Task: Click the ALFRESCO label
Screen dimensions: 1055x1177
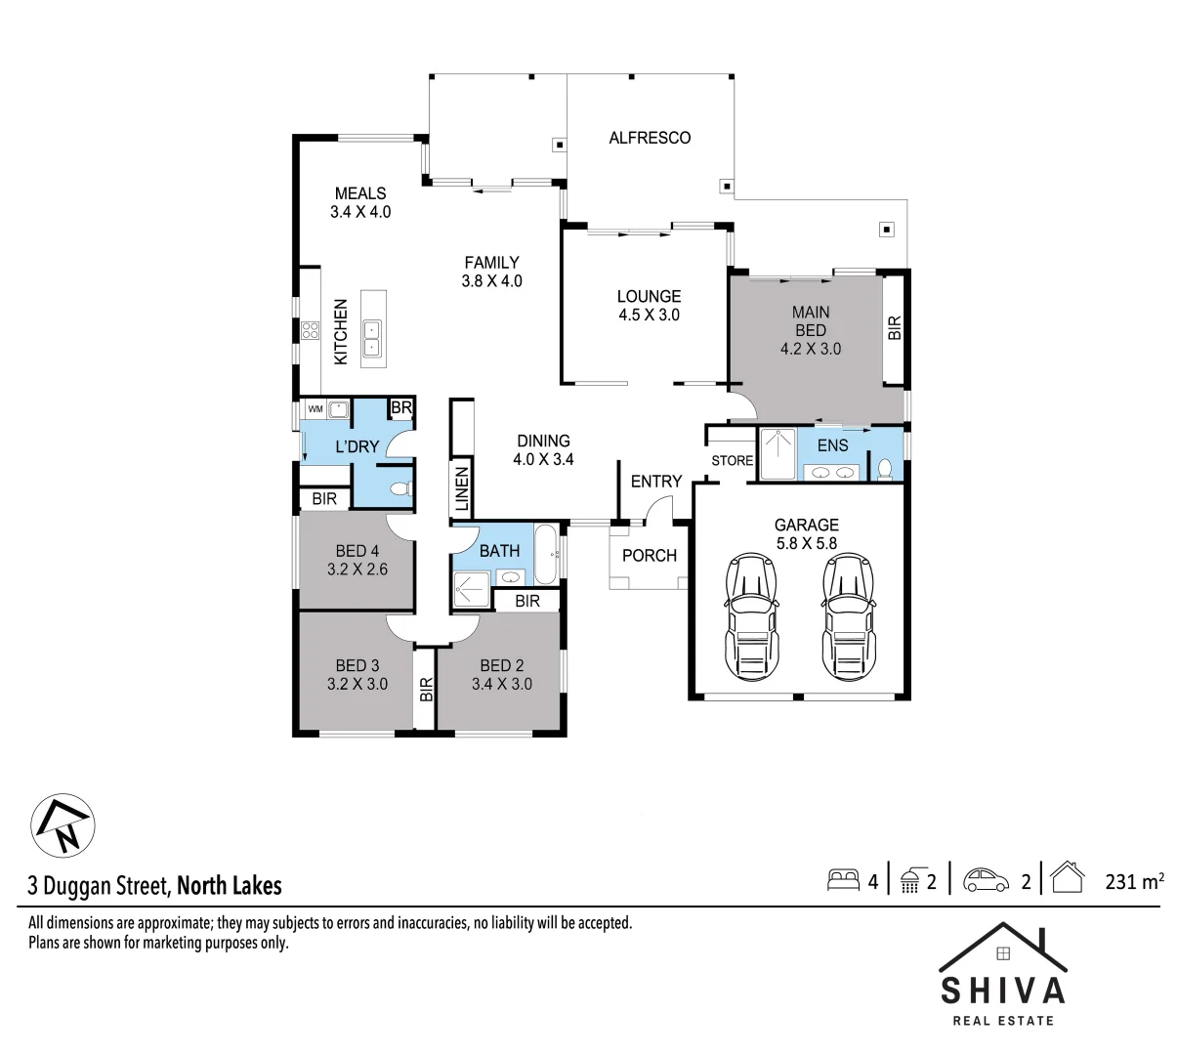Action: [650, 138]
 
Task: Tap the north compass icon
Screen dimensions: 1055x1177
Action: [63, 825]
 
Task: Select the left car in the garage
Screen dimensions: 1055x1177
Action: [750, 617]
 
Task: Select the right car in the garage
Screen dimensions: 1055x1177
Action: [846, 617]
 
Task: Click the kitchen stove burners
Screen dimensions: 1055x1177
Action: [310, 330]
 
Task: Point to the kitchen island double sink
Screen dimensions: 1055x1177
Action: [373, 338]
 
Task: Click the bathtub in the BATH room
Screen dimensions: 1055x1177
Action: [546, 554]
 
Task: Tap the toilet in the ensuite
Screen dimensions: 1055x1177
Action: [884, 469]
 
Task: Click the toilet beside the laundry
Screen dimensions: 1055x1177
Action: [399, 488]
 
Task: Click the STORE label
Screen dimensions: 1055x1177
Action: [732, 460]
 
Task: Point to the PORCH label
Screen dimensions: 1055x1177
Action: [649, 556]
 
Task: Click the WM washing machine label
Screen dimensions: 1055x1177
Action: [315, 408]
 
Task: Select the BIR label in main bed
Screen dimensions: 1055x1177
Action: [895, 328]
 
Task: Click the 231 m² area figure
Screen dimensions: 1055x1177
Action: [1133, 881]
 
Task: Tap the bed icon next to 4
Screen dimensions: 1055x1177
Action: [842, 880]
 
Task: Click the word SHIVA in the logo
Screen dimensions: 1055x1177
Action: [1002, 991]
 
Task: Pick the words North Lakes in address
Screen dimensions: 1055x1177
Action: [230, 886]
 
